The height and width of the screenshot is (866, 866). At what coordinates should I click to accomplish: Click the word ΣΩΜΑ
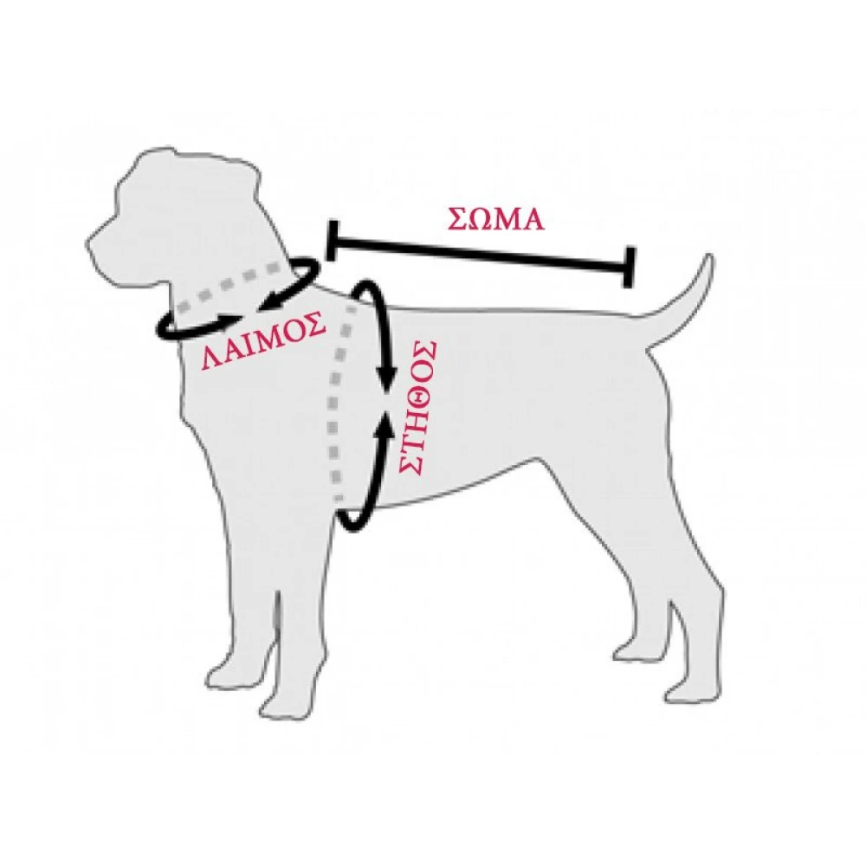click(x=496, y=219)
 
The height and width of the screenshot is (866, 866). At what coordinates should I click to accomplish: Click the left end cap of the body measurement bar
click(x=331, y=240)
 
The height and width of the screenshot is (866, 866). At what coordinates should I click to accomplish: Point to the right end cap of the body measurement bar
click(x=628, y=267)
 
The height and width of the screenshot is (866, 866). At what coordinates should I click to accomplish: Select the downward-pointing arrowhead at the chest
click(x=386, y=377)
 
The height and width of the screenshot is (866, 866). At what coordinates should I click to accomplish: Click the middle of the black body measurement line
click(x=480, y=254)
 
